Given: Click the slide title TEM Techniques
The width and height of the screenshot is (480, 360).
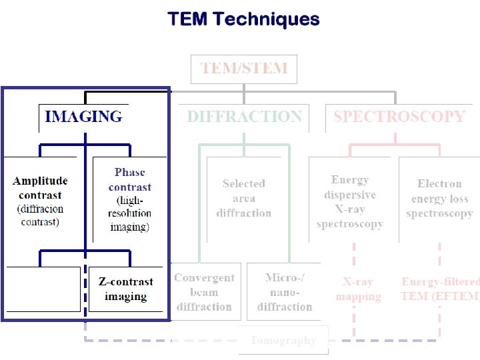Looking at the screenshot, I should (243, 19).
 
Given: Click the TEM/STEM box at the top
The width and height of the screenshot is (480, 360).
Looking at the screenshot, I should (244, 68).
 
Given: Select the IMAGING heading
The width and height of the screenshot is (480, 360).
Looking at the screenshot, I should (83, 117).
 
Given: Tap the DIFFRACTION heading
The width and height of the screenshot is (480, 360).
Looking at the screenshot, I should (244, 117).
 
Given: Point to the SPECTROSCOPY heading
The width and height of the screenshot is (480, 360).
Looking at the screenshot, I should (399, 117).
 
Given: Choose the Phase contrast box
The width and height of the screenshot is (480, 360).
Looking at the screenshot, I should (129, 199).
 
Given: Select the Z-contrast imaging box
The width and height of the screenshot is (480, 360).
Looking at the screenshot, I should (125, 289).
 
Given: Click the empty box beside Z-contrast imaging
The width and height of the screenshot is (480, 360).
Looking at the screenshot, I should (43, 289).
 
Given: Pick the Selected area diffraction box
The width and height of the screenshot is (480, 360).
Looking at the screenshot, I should (243, 199).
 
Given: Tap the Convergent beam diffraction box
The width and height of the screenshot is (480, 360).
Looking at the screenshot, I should (204, 292).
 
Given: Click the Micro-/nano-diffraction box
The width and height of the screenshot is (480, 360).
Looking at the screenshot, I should (284, 292).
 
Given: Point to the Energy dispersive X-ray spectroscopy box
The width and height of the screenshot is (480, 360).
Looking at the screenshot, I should (350, 201).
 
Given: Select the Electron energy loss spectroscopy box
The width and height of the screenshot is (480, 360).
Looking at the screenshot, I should (439, 199).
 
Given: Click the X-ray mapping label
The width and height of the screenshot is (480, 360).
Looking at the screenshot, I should (358, 289).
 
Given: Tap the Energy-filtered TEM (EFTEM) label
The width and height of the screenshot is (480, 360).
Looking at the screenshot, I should (440, 289).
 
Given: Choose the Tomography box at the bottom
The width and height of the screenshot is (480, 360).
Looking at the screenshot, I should (283, 340).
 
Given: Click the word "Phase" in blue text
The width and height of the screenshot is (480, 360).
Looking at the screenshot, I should (129, 173).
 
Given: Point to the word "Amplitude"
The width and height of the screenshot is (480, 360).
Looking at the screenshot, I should (40, 181).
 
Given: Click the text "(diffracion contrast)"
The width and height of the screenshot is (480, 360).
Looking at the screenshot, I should (41, 215).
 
